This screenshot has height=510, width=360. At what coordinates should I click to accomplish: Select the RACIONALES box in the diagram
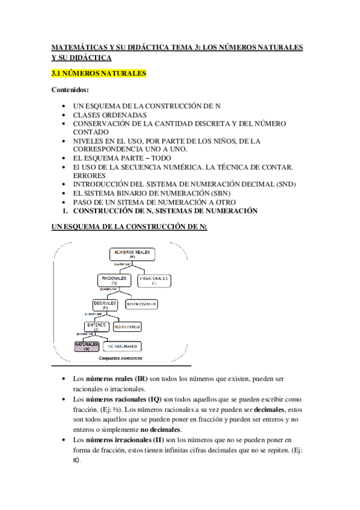[114, 280]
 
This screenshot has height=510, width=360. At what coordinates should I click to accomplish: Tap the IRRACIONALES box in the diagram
[154, 280]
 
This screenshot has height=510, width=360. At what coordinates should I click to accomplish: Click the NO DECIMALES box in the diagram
[142, 304]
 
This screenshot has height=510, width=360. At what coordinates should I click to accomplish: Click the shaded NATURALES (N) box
[87, 346]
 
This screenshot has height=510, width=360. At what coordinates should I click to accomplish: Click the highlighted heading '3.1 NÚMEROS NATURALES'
[99, 74]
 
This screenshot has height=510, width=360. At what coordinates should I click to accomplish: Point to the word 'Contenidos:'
[71, 90]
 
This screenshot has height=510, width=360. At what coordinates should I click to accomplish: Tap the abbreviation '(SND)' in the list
[284, 184]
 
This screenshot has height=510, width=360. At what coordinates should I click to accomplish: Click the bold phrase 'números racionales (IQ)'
[124, 399]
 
